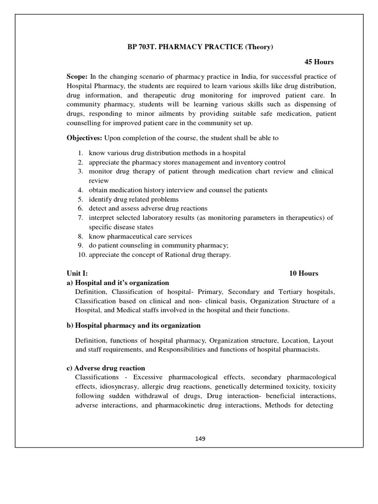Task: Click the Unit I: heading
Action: point(77,273)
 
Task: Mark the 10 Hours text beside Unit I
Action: point(304,273)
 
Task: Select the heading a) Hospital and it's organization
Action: point(118,283)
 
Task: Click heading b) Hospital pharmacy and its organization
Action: point(133,325)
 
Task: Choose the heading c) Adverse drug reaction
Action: point(106,368)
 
